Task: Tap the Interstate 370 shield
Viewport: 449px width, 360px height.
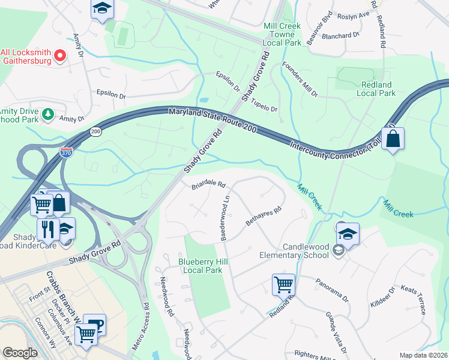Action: (x=67, y=153)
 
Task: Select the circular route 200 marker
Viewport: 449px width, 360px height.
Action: (x=96, y=130)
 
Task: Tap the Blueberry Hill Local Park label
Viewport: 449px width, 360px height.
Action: (x=200, y=266)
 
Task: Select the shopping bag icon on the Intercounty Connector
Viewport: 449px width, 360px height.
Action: (x=393, y=139)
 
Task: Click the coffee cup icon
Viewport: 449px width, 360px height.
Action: (x=95, y=325)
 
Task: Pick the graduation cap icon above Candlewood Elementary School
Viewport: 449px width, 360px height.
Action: (x=348, y=233)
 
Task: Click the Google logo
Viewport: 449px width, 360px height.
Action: (x=20, y=353)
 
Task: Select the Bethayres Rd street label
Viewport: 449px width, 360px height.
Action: (x=264, y=218)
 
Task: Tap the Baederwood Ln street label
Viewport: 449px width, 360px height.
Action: (x=226, y=217)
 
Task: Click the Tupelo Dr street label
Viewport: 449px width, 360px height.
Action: (x=265, y=105)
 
